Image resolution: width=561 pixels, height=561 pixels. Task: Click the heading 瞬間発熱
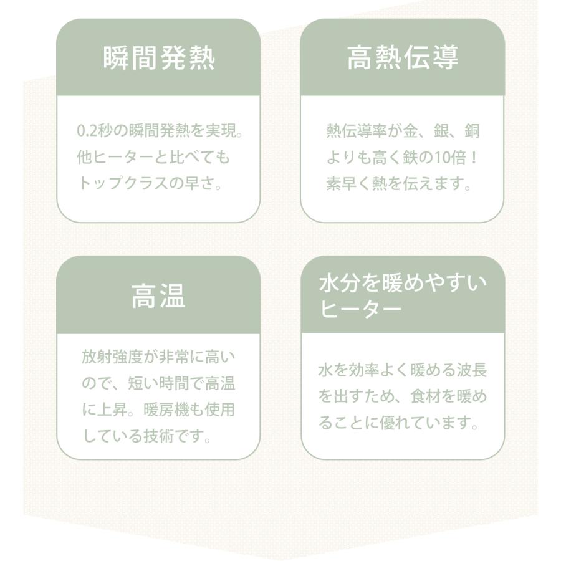pyautogui.click(x=159, y=58)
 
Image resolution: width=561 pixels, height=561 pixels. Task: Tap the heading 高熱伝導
pyautogui.click(x=403, y=57)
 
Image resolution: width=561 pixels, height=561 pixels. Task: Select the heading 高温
pyautogui.click(x=158, y=296)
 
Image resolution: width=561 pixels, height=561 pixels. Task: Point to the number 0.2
pyautogui.click(x=87, y=131)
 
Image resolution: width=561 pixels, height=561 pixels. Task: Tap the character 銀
pyautogui.click(x=441, y=131)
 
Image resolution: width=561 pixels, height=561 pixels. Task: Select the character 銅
pyautogui.click(x=472, y=131)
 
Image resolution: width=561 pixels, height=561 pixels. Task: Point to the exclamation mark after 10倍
pyautogui.click(x=474, y=158)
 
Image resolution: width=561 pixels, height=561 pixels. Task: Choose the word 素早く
pyautogui.click(x=349, y=184)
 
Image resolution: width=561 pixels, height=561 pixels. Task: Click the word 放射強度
pyautogui.click(x=112, y=357)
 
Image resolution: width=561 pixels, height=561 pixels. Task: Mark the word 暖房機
pyautogui.click(x=166, y=410)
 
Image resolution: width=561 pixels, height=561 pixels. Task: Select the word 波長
pyautogui.click(x=472, y=370)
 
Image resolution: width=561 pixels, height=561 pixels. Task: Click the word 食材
pyautogui.click(x=425, y=396)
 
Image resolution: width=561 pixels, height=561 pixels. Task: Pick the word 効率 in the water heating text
pyautogui.click(x=364, y=370)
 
